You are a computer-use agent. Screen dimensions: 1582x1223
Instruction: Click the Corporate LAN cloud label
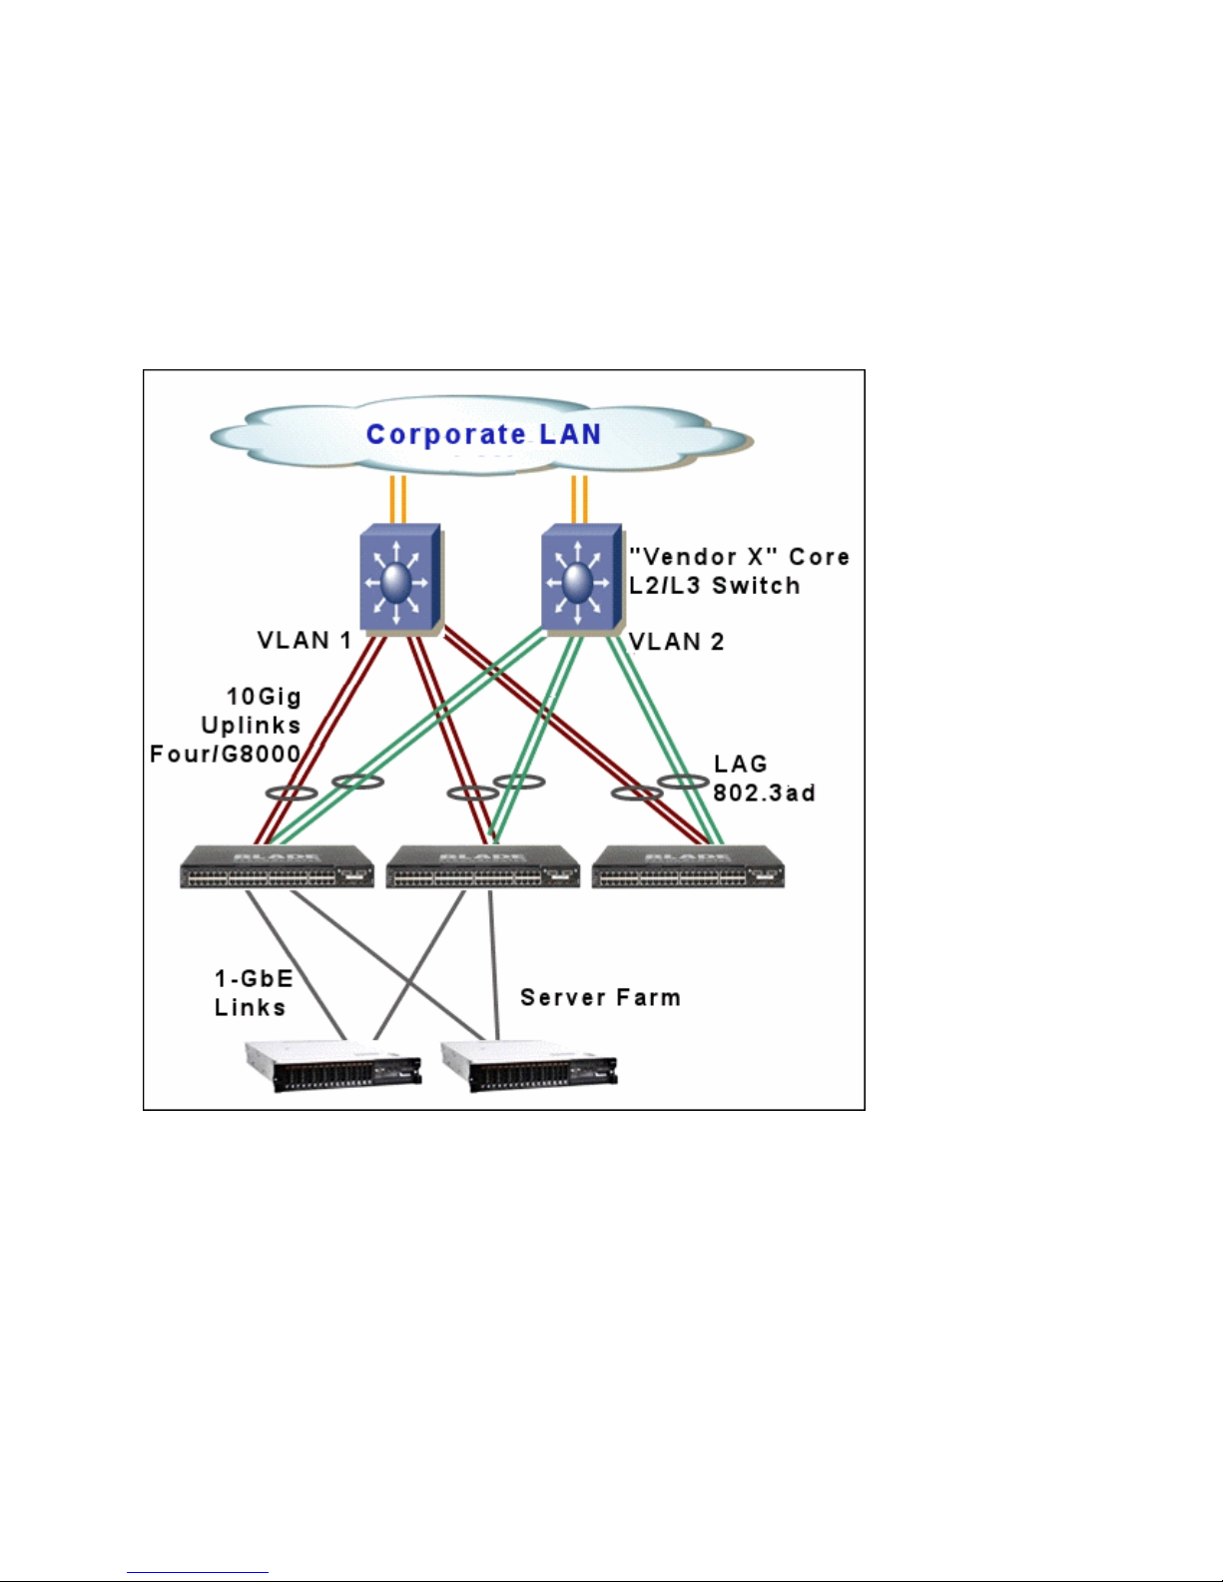click(x=483, y=434)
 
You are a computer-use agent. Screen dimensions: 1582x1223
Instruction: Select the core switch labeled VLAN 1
click(x=398, y=580)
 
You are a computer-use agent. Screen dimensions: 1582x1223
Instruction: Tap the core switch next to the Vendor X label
click(x=579, y=580)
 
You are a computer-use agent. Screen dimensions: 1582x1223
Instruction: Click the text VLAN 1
click(x=305, y=641)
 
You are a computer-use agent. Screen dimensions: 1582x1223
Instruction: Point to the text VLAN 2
click(x=676, y=642)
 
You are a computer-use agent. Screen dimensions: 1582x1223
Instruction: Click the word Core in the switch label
click(x=819, y=557)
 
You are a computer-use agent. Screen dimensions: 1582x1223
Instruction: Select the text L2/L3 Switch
click(x=714, y=586)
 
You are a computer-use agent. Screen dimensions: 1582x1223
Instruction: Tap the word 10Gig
click(x=264, y=697)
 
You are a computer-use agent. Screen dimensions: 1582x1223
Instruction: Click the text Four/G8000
click(x=225, y=754)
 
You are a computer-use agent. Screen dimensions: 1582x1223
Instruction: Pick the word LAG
click(x=740, y=765)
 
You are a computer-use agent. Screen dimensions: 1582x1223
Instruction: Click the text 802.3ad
click(x=764, y=793)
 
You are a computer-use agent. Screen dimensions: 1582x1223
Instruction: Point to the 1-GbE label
click(x=254, y=978)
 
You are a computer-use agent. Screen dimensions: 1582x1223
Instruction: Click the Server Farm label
click(x=600, y=997)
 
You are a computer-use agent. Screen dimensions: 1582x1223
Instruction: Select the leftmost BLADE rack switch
click(x=277, y=867)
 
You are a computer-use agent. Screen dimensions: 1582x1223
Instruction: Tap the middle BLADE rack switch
click(x=482, y=867)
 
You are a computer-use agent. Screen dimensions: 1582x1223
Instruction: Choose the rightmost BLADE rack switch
click(x=688, y=867)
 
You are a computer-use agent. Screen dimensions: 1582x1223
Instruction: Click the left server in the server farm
click(x=333, y=1067)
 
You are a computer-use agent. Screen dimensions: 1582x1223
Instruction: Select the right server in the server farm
click(x=529, y=1067)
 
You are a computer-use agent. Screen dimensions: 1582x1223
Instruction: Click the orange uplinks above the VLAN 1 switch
click(x=397, y=499)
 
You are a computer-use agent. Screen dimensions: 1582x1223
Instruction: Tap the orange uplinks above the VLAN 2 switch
click(x=578, y=499)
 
